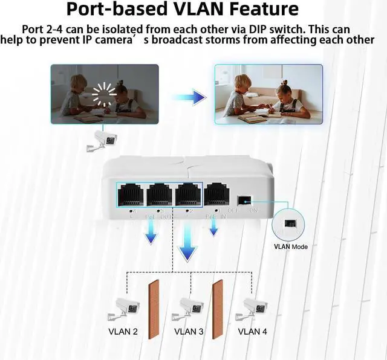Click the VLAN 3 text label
pos(189,332)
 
